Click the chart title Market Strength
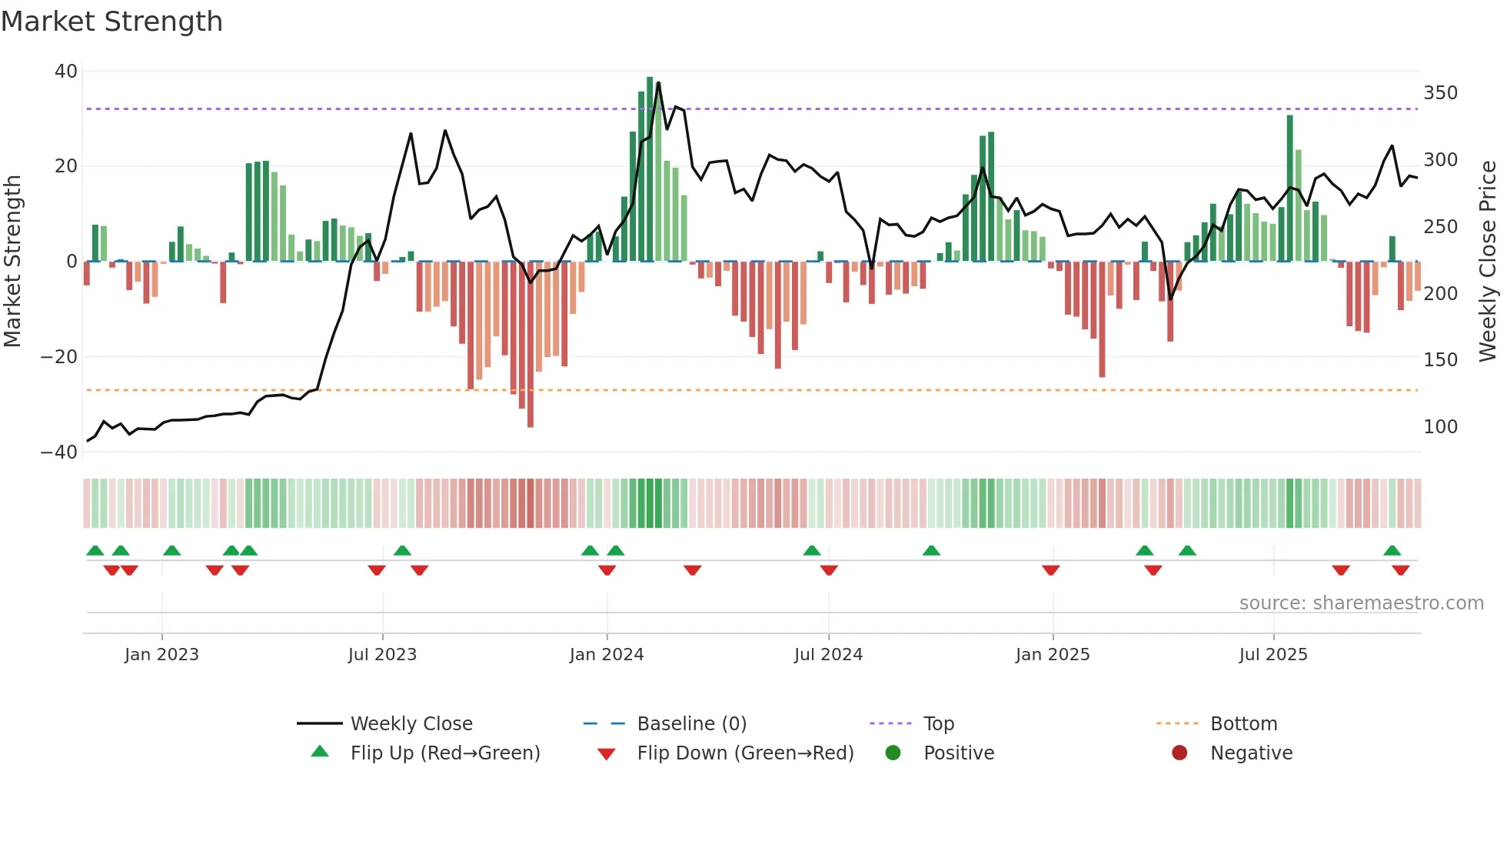111,22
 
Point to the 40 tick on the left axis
66,72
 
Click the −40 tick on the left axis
59,452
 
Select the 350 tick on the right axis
1440,93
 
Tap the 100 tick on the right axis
1440,427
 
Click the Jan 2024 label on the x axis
607,655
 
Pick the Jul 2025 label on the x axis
1272,655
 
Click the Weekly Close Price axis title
1488,262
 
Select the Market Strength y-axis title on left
13,262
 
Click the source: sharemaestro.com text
1361,603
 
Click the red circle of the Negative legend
1179,753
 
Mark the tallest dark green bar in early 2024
650,169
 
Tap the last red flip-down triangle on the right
1400,570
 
